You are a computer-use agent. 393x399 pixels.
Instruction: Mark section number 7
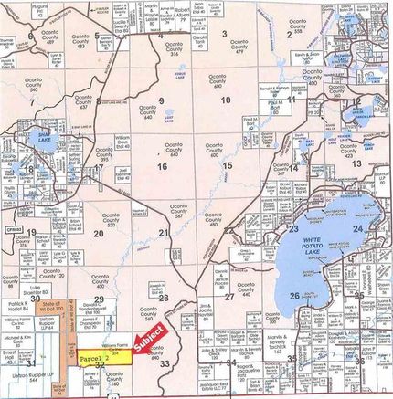[31, 102]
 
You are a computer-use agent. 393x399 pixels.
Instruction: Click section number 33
[165, 363]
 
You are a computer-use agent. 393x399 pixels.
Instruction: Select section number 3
[224, 33]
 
